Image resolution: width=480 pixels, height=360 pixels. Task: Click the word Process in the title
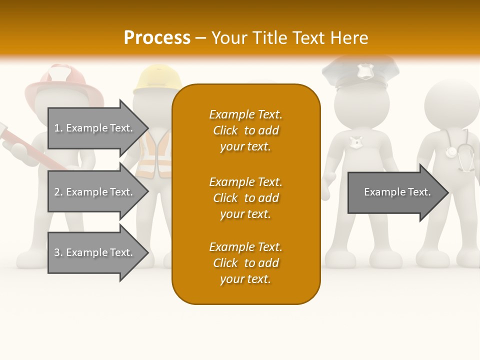pos(157,38)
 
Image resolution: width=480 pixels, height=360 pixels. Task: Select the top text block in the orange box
pos(245,130)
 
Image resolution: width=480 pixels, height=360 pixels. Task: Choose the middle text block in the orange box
pos(245,198)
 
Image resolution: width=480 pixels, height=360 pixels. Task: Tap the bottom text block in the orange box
pos(245,263)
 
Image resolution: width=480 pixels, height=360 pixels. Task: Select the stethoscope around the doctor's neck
pos(460,150)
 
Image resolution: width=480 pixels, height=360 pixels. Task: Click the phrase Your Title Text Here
pos(289,38)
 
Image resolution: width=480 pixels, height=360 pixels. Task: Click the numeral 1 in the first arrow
pos(57,128)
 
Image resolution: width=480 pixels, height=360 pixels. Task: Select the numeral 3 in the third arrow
pos(57,252)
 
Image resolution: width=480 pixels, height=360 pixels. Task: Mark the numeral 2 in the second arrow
pos(57,192)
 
